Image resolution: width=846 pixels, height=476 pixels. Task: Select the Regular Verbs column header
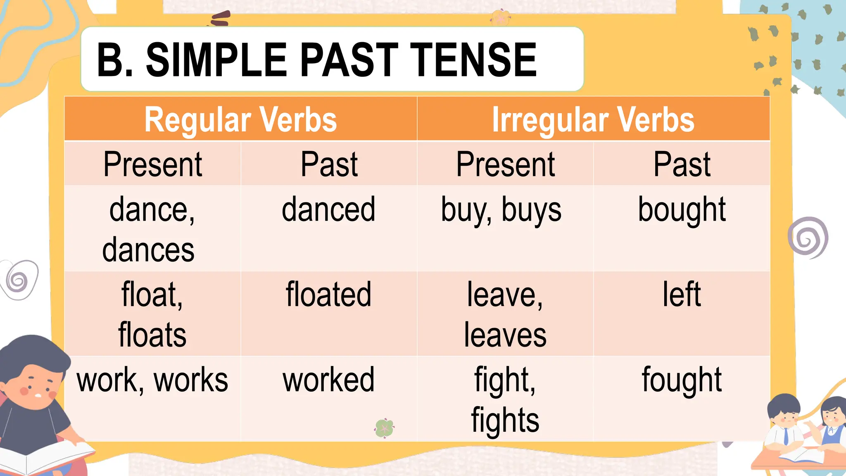coord(240,119)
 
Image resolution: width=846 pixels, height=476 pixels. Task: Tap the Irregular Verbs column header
coord(593,119)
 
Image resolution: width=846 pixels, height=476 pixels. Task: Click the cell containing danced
coord(328,210)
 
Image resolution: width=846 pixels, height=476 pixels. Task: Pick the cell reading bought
coord(682,210)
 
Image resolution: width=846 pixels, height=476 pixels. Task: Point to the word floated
coord(328,295)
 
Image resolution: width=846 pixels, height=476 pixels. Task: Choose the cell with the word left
coord(682,295)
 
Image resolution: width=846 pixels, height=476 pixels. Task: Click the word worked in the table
coord(328,380)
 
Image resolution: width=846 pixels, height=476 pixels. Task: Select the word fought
coord(682,380)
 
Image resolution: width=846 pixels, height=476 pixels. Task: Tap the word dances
coord(148,250)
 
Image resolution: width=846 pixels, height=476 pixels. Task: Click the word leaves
coord(505,335)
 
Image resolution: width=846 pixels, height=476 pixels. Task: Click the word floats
coord(152,335)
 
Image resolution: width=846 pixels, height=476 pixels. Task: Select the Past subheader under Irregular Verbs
coord(682,164)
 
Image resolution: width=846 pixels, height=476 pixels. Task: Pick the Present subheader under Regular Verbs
coord(152,164)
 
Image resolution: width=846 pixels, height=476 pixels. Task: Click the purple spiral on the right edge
coord(808,238)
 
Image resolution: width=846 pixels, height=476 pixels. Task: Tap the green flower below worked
coord(384,428)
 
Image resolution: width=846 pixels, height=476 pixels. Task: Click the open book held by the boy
coord(45,457)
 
